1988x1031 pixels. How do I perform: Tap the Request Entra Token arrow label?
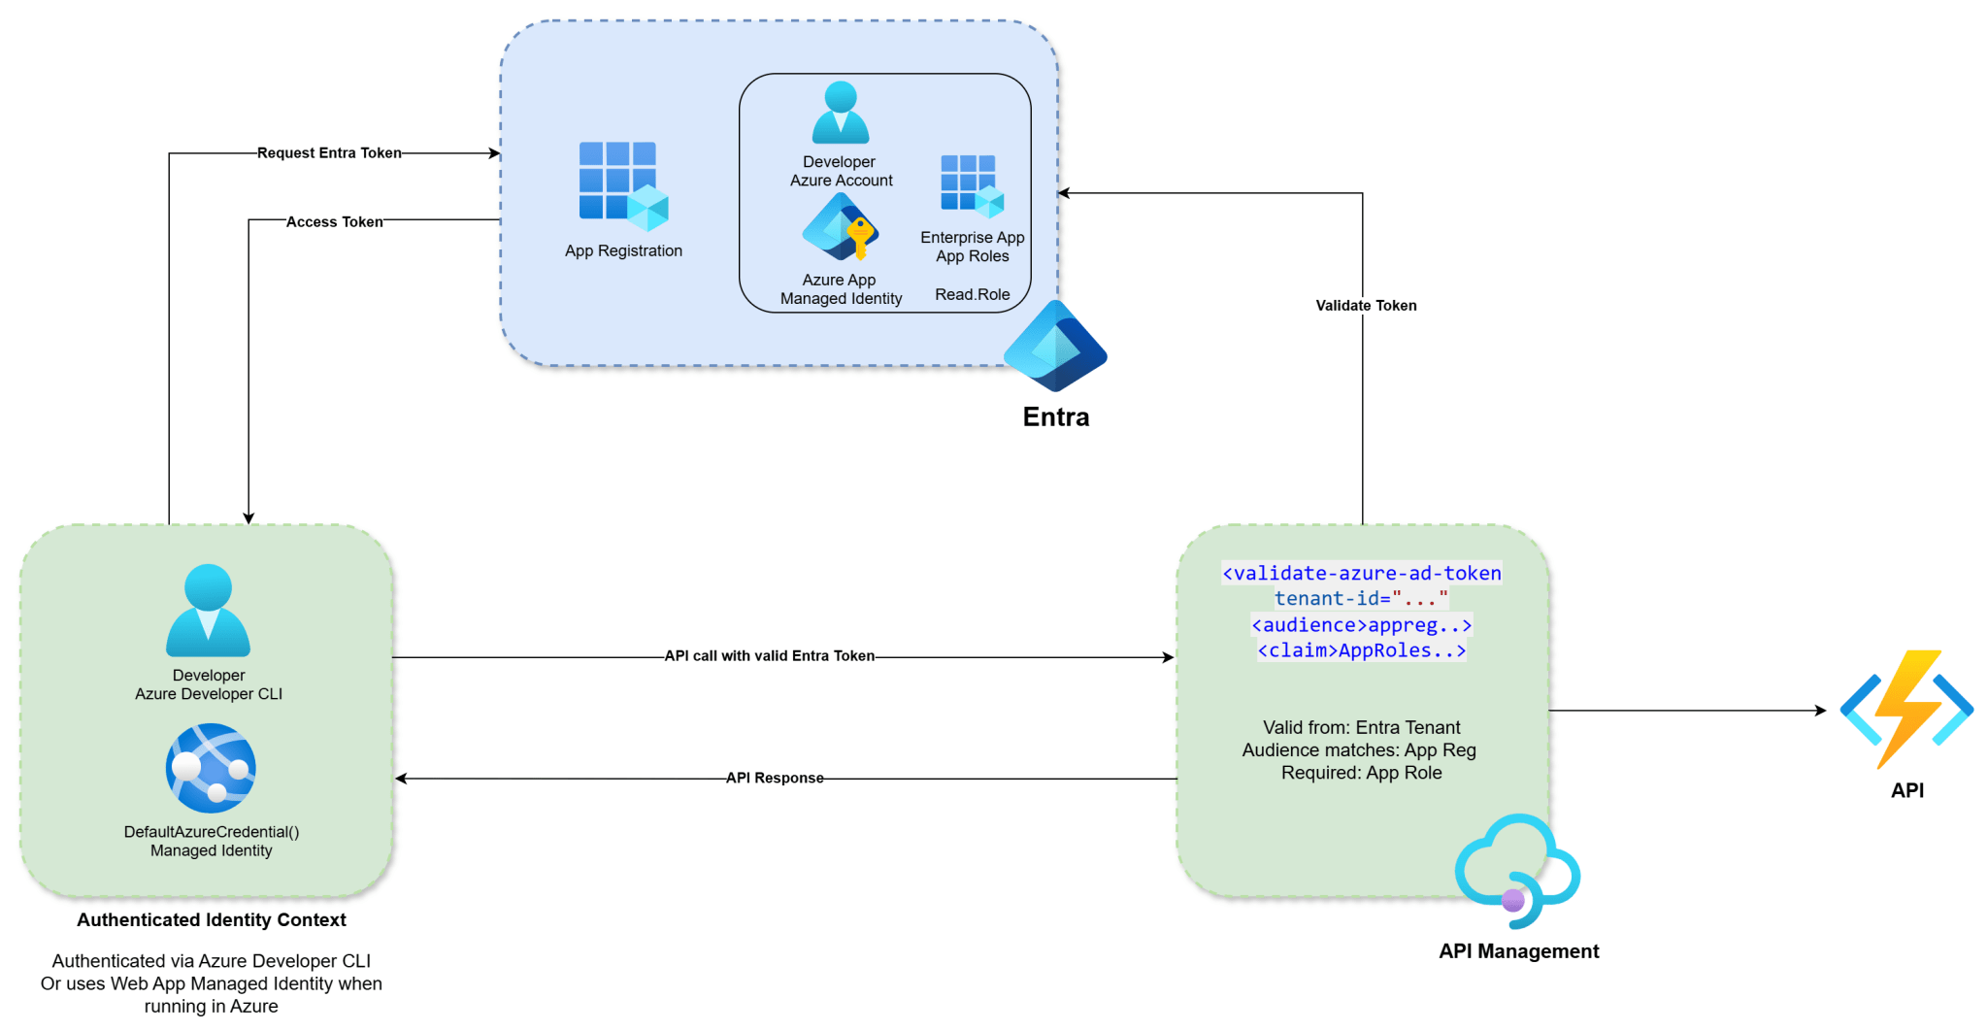329,153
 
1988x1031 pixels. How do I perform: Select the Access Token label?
334,222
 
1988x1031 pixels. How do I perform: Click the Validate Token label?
1366,306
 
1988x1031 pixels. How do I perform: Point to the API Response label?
775,779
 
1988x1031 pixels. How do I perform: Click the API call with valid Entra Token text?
769,656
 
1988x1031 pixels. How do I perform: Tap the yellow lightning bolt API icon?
1906,709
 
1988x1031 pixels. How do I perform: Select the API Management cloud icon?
1517,871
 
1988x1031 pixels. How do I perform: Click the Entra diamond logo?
1055,347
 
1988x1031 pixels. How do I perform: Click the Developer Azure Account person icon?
841,113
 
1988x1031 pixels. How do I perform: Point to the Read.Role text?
972,295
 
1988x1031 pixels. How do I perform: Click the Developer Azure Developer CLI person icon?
208,611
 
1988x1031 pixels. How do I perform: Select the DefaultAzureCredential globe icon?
211,769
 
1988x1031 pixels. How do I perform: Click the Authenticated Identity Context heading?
212,920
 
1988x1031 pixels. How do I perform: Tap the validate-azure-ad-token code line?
1361,574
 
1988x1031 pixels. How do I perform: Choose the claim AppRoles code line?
1361,651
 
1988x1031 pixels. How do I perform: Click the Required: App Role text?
1361,774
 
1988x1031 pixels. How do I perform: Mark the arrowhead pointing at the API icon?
1821,711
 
